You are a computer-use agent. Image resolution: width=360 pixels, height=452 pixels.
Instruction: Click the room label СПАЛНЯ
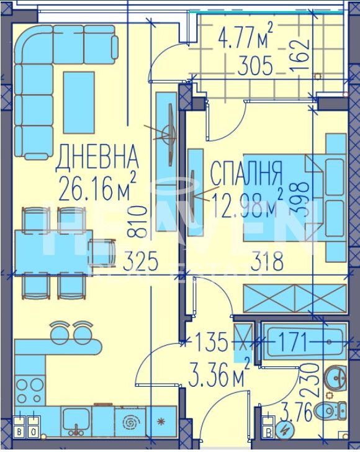247,169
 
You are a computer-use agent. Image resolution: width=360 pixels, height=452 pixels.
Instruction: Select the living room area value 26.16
88,188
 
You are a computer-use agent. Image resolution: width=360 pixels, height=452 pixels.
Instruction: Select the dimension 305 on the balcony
254,67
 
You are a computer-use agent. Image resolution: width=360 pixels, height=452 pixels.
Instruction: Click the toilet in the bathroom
329,409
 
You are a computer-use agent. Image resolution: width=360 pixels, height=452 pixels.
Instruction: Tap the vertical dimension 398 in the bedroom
301,197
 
